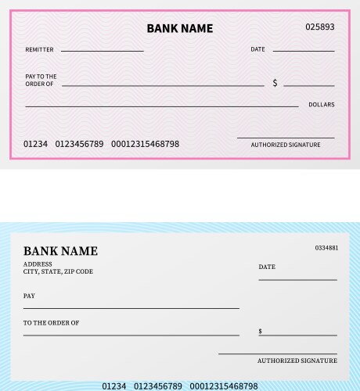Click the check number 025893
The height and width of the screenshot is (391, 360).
pos(319,27)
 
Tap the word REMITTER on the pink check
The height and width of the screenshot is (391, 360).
pos(39,50)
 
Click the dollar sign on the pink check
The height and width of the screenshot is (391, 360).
pos(275,83)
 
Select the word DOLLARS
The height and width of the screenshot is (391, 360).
pos(321,104)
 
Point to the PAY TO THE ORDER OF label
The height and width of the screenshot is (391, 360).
pos(41,80)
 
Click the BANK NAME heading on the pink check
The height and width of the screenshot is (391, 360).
pos(179,28)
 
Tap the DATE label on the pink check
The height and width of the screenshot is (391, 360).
pos(257,49)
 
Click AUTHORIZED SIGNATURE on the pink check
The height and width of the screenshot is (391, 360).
pos(285,145)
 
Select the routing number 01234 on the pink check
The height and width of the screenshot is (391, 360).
pos(35,144)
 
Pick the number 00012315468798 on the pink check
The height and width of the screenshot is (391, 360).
pos(145,144)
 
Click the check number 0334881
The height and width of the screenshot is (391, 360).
pos(326,248)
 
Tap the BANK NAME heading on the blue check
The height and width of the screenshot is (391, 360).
pos(60,251)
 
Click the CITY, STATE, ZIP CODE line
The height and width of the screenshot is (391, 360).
pos(58,271)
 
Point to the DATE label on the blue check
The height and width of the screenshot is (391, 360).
pos(267,267)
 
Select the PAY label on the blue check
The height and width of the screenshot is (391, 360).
pos(29,296)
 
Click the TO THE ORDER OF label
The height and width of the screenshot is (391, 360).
pos(51,323)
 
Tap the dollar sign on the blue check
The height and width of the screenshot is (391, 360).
pos(261,332)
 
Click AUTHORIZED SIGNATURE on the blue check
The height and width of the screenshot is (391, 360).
pos(297,361)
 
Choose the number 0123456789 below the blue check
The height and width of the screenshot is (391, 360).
pos(158,386)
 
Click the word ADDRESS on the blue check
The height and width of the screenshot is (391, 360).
pos(38,264)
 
